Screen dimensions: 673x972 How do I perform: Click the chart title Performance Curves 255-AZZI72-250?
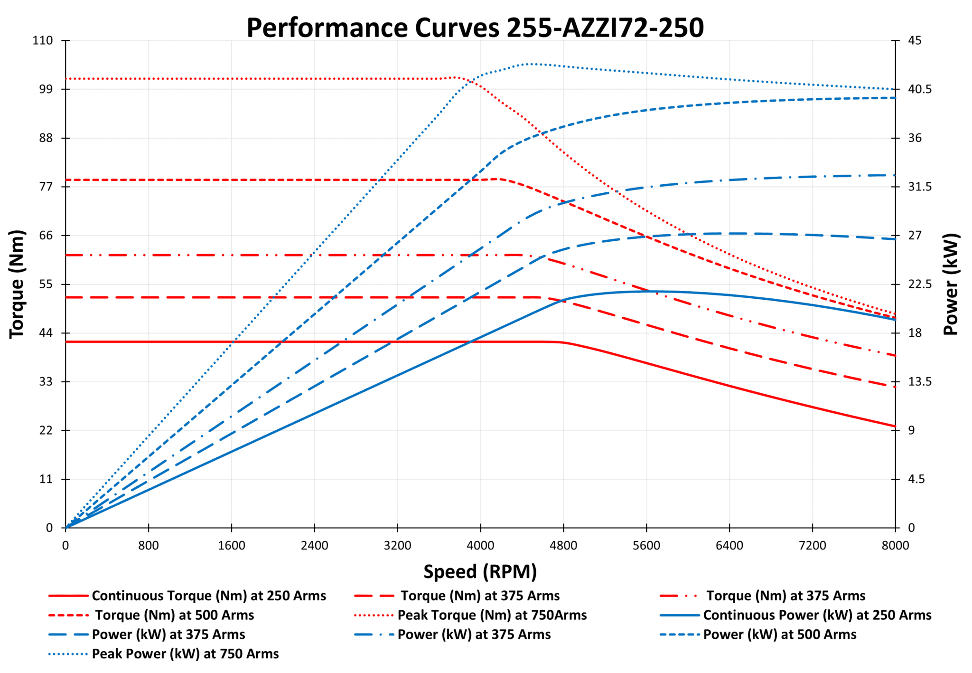[x=475, y=28]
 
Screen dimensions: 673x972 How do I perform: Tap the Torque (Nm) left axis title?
[x=17, y=284]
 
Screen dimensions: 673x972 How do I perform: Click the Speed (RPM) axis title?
[x=480, y=571]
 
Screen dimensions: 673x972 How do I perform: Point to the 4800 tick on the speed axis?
[x=563, y=545]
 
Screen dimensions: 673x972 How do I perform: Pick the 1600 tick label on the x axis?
[x=232, y=545]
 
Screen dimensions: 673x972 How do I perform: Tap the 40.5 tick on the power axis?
[x=920, y=89]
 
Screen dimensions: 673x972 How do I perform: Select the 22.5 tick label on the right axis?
[x=920, y=284]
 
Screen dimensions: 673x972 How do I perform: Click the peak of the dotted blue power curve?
[x=529, y=63]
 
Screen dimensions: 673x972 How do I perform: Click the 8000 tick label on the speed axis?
[x=895, y=545]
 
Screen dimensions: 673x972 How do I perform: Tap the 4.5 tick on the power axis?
[x=916, y=479]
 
